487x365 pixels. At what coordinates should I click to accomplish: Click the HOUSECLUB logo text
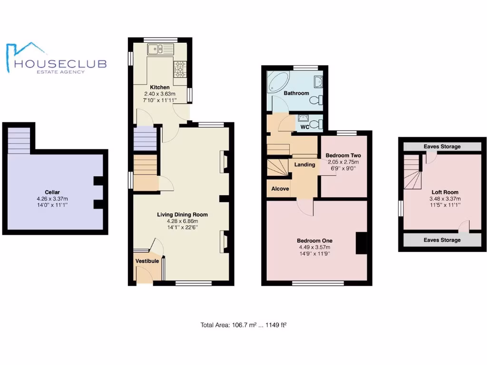(60, 64)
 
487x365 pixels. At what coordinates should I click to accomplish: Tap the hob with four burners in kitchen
(181, 69)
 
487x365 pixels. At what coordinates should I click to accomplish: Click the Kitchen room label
(160, 87)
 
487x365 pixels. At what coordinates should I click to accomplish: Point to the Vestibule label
(147, 261)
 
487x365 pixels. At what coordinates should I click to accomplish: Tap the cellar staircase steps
(19, 138)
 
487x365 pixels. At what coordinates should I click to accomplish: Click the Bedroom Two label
(343, 155)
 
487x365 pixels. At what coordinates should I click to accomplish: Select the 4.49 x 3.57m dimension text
(314, 247)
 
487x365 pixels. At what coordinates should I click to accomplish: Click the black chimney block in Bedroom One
(361, 243)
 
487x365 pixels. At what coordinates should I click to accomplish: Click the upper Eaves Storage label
(442, 146)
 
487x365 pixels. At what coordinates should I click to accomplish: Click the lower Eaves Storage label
(442, 240)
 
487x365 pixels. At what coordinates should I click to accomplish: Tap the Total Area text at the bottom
(243, 325)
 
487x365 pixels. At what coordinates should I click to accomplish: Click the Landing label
(305, 165)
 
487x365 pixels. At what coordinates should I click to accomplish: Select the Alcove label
(280, 189)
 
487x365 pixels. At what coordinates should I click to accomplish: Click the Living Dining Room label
(182, 215)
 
